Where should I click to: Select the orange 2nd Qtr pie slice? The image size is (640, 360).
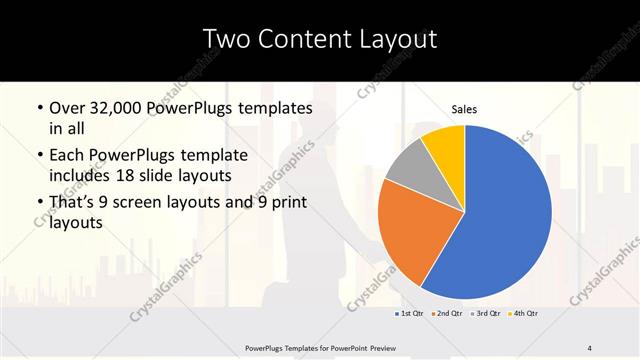click(x=410, y=230)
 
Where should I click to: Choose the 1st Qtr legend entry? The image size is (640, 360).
click(x=410, y=314)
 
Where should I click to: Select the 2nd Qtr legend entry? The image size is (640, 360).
click(x=447, y=314)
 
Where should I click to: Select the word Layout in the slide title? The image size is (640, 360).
click(x=395, y=39)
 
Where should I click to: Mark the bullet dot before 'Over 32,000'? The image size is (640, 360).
click(x=38, y=108)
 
